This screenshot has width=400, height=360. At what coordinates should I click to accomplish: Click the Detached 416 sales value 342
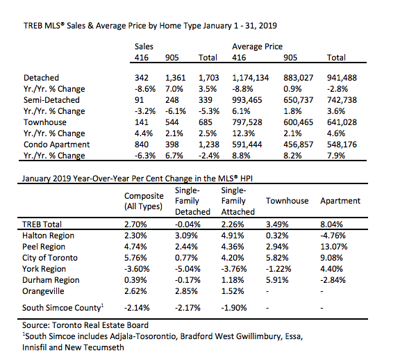tap(142, 78)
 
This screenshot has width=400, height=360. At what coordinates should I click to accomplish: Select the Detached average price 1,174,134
tap(250, 78)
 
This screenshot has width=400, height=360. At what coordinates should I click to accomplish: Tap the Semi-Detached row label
tap(51, 100)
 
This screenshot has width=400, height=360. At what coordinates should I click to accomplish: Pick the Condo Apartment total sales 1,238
tap(208, 145)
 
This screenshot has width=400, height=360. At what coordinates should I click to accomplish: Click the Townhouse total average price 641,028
tap(342, 122)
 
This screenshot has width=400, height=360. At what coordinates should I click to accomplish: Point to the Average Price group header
tap(257, 47)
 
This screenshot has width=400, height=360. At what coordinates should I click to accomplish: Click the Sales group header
tap(144, 47)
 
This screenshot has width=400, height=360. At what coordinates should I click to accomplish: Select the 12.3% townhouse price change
tap(243, 133)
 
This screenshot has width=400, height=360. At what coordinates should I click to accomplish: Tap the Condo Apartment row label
tap(57, 145)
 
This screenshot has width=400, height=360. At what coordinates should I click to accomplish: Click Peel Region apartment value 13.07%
tap(333, 247)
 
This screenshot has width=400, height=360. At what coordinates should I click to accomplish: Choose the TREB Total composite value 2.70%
tap(135, 224)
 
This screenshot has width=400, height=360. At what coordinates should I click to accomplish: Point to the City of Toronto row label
tap(50, 258)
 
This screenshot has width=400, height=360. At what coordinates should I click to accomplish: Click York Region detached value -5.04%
tap(187, 269)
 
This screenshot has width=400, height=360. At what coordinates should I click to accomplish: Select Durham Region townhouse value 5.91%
tap(277, 280)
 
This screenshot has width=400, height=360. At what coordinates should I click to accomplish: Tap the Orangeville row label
tap(43, 291)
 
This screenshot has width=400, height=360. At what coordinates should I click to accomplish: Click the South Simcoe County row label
tap(62, 308)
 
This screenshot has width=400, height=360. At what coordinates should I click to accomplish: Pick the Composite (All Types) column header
tap(144, 201)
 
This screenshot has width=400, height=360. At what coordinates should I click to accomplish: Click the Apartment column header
tap(340, 201)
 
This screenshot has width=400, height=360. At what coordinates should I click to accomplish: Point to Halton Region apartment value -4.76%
tap(333, 236)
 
